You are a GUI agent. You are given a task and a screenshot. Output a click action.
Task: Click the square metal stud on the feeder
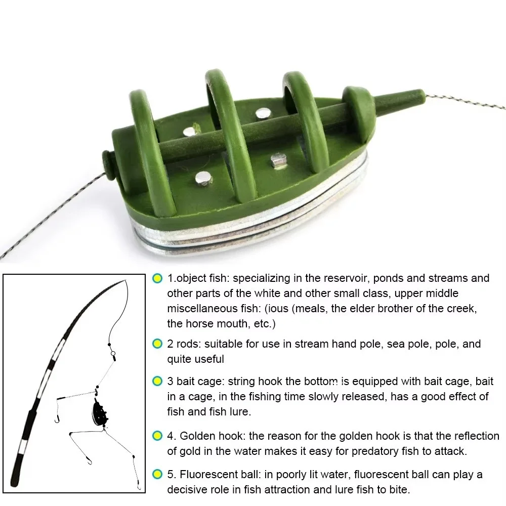pos(278,160)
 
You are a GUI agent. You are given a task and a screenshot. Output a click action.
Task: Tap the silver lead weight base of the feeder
pos(251,223)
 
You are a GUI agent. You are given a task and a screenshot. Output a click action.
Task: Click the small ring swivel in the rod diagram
pos(113,353)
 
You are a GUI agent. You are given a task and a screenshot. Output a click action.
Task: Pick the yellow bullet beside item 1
pos(157,278)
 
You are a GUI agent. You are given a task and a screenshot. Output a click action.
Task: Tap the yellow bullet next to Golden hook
pos(157,436)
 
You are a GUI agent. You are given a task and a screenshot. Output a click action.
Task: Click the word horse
pos(200,324)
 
